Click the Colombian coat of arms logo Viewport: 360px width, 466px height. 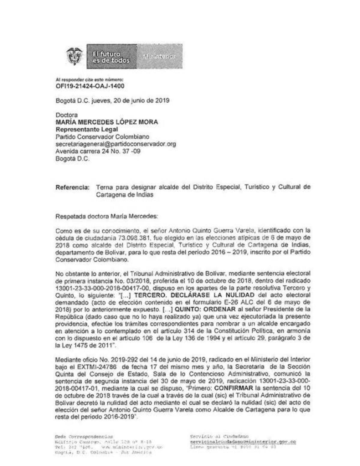point(74,56)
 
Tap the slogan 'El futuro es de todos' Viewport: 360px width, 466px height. point(111,57)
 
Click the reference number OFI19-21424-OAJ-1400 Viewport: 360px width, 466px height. point(90,86)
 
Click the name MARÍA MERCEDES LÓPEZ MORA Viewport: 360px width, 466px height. point(106,122)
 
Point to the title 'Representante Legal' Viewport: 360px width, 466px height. point(87,130)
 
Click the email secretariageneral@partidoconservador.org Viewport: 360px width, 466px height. point(115,144)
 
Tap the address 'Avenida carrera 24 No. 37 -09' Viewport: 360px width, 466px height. point(98,151)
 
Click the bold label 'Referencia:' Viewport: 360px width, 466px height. point(72,187)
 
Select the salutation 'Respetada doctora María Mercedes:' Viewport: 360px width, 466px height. point(106,216)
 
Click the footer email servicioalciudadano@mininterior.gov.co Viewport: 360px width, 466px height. point(243,442)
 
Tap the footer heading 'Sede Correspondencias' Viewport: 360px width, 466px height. point(84,437)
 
